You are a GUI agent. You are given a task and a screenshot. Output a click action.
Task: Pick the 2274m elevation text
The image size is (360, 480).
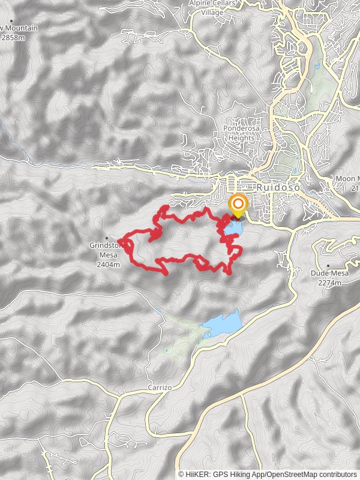click(x=329, y=282)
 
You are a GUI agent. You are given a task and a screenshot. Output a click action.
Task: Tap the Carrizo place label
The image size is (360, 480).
click(x=160, y=388)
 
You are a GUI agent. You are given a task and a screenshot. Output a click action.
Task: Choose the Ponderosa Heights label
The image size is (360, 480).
click(x=239, y=133)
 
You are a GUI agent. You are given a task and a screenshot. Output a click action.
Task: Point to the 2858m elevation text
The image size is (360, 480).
click(x=13, y=37)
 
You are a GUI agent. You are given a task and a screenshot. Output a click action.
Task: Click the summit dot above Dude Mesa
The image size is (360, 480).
click(x=329, y=265)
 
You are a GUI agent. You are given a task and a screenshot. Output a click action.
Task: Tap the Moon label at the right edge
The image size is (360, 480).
click(x=346, y=179)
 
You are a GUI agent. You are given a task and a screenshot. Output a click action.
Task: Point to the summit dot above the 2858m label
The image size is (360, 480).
click(x=11, y=21)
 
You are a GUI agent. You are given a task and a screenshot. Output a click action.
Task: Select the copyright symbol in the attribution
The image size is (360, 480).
click(x=181, y=475)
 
